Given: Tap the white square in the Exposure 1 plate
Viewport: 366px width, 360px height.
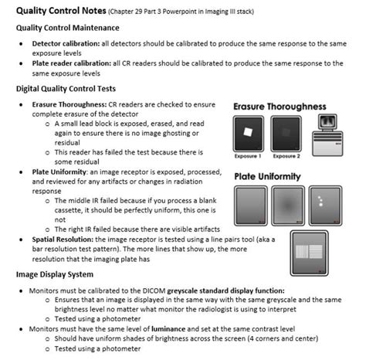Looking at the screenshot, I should (248, 131).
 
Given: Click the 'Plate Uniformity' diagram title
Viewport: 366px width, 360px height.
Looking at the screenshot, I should (267, 177).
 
